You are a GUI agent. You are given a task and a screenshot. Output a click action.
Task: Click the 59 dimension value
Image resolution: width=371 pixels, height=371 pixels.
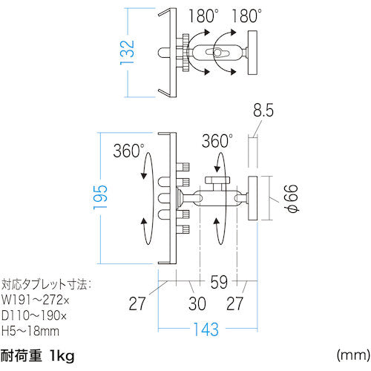tap(218, 283)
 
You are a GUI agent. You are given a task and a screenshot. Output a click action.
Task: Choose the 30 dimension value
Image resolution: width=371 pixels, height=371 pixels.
tap(197, 303)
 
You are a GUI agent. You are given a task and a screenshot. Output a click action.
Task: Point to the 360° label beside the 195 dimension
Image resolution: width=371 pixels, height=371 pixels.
tap(129, 151)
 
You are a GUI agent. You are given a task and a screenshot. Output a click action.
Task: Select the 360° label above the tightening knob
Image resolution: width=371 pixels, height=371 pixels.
tap(218, 141)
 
